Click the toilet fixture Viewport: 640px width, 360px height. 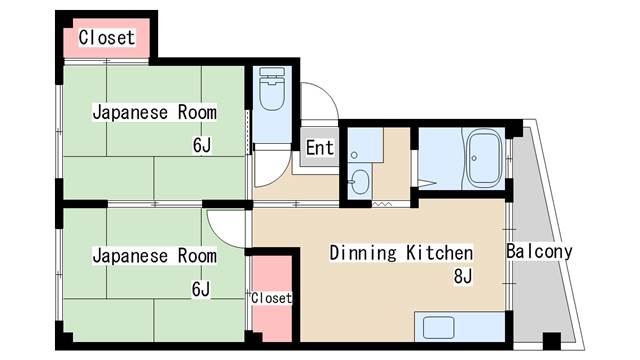[272, 89]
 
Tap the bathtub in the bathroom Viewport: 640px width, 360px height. [484, 158]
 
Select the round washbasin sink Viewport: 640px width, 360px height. [360, 182]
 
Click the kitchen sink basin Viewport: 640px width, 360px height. [439, 327]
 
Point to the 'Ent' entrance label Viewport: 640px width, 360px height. [320, 148]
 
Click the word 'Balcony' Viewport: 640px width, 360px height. [539, 251]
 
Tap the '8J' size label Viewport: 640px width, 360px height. [463, 276]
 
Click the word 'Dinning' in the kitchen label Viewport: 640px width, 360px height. [363, 253]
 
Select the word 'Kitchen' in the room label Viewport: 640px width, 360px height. [440, 253]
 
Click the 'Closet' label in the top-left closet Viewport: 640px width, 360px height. [107, 38]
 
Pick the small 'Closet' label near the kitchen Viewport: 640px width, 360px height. [271, 298]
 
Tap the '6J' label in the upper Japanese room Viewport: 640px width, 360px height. [202, 145]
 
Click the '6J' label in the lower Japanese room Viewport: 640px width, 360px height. [201, 289]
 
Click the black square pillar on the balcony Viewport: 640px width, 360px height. [552, 341]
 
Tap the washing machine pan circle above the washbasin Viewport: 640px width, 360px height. [354, 155]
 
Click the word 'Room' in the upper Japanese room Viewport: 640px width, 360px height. [197, 112]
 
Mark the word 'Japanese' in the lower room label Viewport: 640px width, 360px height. [130, 256]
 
